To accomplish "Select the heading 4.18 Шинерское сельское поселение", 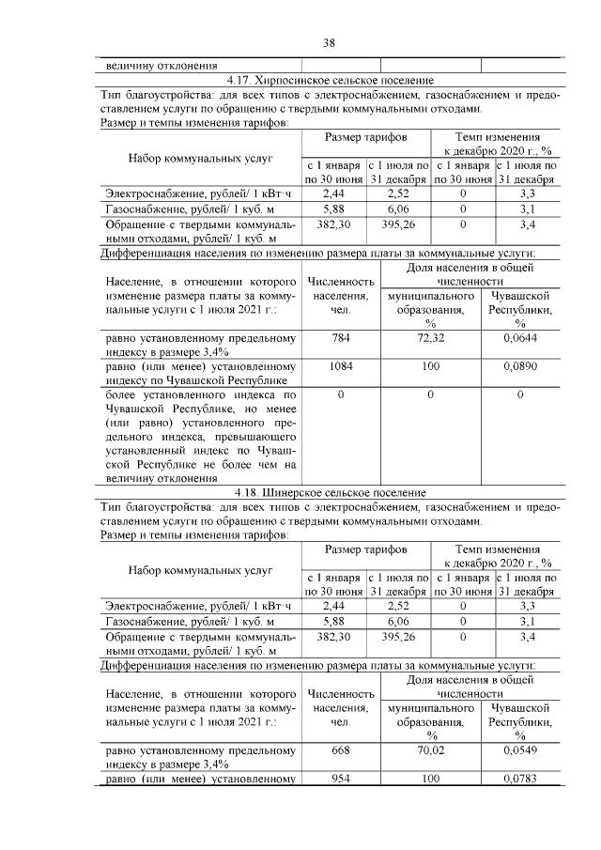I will point(330,492).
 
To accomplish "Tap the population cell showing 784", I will point(340,337).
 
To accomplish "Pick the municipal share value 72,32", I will point(430,337).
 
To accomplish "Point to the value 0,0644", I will point(519,337).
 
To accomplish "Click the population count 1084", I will point(340,366).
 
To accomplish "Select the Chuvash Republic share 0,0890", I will point(519,366).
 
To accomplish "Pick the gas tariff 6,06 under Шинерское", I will point(398,621).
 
